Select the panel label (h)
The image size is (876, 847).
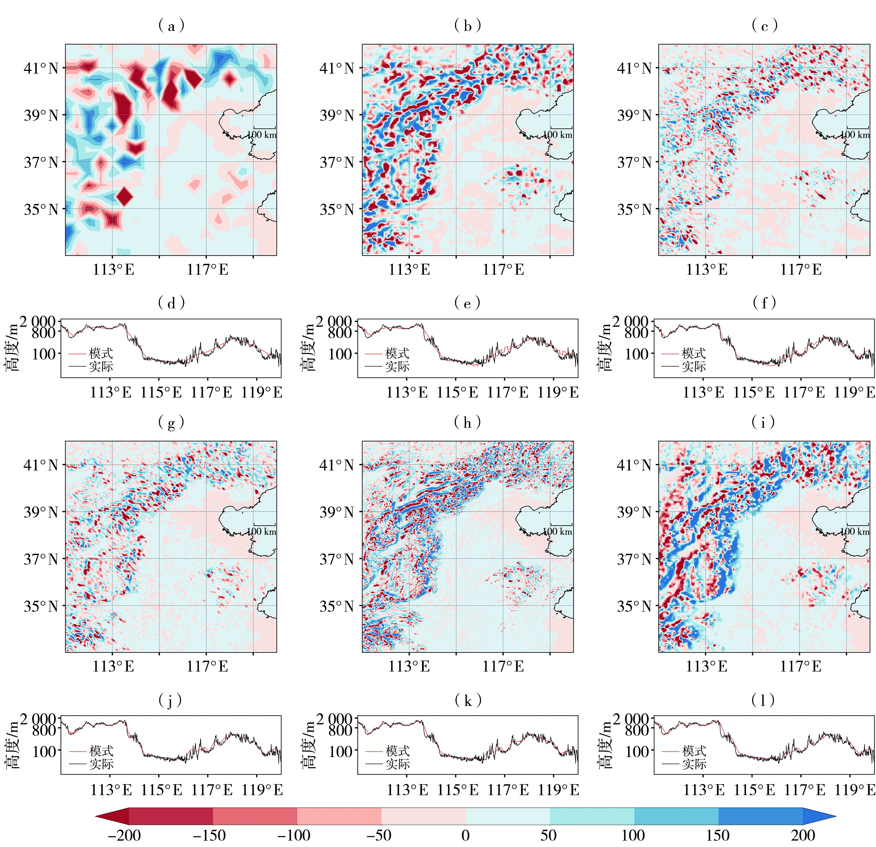[x=467, y=422]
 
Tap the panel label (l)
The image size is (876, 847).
[x=764, y=700]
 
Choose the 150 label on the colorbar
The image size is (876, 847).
[x=718, y=835]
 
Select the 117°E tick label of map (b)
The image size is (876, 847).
[x=503, y=269]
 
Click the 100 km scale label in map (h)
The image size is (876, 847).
[x=557, y=531]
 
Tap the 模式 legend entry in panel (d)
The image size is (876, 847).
[x=101, y=353]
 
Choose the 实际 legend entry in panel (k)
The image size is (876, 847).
[x=397, y=764]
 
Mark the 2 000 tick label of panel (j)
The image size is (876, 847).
[x=38, y=719]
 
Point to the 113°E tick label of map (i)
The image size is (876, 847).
[x=706, y=667]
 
